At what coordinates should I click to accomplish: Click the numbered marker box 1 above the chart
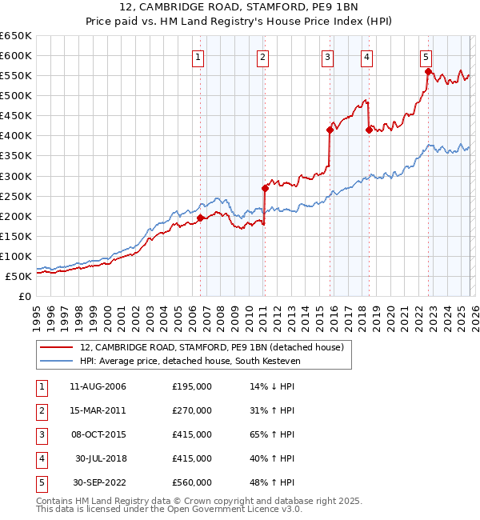198,56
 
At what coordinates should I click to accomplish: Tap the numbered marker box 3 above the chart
328,56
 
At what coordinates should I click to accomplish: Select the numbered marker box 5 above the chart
426,56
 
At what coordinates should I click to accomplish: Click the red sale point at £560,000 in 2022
428,71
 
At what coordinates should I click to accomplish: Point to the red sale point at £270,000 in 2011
265,188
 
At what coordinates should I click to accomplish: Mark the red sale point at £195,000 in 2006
200,218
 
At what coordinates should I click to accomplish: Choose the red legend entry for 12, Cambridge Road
211,347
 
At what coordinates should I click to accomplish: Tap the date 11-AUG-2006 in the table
98,386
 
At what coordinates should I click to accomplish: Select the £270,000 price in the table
192,410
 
